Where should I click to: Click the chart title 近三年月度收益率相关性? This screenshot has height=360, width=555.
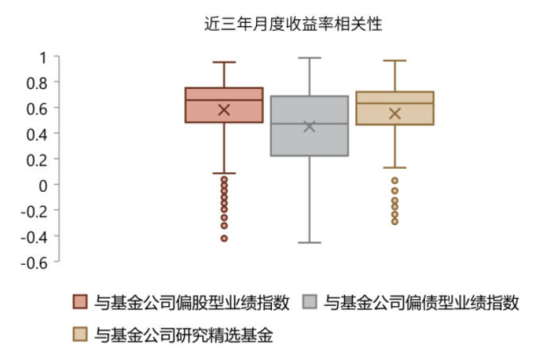click(x=294, y=24)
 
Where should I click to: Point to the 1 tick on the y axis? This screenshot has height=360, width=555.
click(x=44, y=57)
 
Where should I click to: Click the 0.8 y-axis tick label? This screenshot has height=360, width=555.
click(x=38, y=82)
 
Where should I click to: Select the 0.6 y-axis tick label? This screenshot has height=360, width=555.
click(x=38, y=108)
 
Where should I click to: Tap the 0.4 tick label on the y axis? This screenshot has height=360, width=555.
click(x=38, y=133)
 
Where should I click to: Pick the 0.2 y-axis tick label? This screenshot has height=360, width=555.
click(x=38, y=159)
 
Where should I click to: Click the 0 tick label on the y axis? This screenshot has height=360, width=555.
click(x=44, y=184)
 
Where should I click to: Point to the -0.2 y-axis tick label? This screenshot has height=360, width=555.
click(x=36, y=210)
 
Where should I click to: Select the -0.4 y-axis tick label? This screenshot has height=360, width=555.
click(x=36, y=236)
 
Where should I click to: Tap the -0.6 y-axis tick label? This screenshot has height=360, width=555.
click(x=36, y=261)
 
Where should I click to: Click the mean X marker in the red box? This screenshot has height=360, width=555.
click(x=224, y=109)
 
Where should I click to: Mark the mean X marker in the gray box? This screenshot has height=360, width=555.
click(x=309, y=126)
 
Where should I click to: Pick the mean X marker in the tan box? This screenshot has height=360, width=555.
click(x=395, y=113)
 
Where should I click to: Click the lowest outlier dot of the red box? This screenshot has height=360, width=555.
click(x=224, y=238)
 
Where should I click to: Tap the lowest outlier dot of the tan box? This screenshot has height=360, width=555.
click(x=395, y=221)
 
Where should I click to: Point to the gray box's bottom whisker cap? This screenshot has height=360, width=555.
click(x=309, y=242)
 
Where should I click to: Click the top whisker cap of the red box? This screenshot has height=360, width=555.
click(x=224, y=62)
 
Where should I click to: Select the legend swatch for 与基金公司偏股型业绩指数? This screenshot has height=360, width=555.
click(x=79, y=302)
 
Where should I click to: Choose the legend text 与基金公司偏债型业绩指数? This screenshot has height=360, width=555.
click(x=422, y=302)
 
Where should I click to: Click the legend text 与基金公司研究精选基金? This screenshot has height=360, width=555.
click(x=183, y=335)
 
